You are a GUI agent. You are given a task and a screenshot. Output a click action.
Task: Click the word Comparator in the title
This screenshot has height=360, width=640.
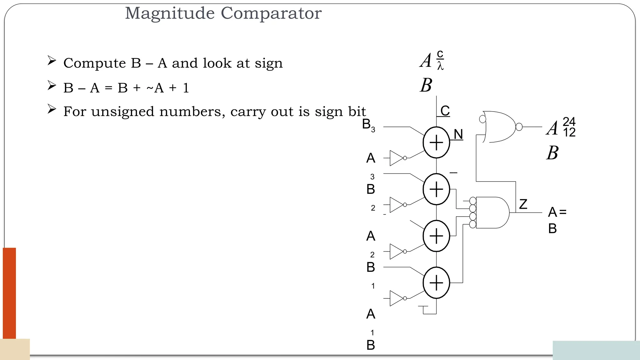pyautogui.click(x=271, y=13)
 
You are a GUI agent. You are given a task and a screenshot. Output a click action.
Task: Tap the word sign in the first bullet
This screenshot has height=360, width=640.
pyautogui.click(x=268, y=63)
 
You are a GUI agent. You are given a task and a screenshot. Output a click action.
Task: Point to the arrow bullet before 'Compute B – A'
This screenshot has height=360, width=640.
pyautogui.click(x=52, y=61)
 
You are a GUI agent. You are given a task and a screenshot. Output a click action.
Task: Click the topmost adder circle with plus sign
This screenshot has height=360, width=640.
pyautogui.click(x=436, y=142)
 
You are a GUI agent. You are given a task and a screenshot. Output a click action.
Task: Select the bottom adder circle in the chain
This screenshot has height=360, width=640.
pyautogui.click(x=436, y=283)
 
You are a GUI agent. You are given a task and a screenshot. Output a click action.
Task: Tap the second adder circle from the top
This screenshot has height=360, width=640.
pyautogui.click(x=436, y=189)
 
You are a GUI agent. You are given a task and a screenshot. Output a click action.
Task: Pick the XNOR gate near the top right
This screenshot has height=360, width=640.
pyautogui.click(x=499, y=127)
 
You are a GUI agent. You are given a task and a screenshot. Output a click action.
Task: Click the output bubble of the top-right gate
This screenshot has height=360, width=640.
pyautogui.click(x=519, y=127)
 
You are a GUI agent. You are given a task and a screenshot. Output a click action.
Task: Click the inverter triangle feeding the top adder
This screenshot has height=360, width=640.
pyautogui.click(x=396, y=158)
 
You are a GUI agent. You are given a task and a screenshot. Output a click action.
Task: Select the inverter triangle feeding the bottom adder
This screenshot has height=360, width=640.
pyautogui.click(x=396, y=298)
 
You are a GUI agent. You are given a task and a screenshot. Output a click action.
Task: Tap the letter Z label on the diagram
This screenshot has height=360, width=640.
pyautogui.click(x=523, y=204)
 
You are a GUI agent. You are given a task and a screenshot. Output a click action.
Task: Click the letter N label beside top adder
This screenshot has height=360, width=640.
pyautogui.click(x=458, y=134)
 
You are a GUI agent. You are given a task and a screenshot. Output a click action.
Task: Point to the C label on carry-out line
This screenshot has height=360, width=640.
pyautogui.click(x=445, y=111)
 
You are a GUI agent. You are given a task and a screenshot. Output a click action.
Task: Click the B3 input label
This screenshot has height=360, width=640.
pyautogui.click(x=368, y=125)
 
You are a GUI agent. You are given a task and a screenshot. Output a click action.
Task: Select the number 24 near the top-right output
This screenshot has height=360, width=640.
pyautogui.click(x=569, y=121)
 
